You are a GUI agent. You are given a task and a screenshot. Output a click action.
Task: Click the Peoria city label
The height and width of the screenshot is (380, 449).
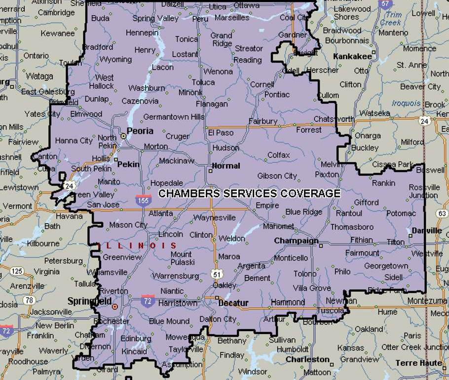(x=140, y=131)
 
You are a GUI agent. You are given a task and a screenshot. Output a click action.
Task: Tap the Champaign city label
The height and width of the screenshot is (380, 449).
(x=296, y=241)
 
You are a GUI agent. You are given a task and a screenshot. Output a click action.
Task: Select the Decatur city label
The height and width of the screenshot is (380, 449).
(x=233, y=303)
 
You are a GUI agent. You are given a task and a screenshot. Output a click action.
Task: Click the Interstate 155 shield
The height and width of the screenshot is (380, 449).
(x=143, y=200)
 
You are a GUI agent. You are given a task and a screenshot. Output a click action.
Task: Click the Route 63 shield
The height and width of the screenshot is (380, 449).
(x=442, y=214)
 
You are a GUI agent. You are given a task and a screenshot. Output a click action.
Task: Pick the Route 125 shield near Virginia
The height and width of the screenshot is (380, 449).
(x=17, y=271)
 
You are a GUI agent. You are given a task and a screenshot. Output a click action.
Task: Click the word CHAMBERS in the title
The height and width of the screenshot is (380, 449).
(x=189, y=193)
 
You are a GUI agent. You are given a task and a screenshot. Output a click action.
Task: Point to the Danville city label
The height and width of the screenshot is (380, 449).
(x=427, y=230)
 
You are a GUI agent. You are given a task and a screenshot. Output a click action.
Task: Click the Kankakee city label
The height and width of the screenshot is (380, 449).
(x=352, y=57)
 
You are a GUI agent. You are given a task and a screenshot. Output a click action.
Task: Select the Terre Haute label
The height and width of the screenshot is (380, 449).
(x=418, y=363)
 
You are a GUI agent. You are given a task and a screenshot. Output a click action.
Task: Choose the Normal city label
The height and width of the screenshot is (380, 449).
(x=226, y=166)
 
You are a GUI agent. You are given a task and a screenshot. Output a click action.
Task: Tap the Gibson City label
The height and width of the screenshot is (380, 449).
(x=277, y=176)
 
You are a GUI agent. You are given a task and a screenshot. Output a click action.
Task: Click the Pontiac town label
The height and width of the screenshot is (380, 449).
(x=277, y=94)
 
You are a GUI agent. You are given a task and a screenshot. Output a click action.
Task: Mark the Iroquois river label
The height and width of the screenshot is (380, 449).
(x=407, y=104)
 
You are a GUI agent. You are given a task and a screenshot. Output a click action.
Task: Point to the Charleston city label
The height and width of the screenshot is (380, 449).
(x=307, y=359)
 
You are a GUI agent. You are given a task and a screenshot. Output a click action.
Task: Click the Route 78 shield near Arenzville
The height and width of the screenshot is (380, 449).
(x=30, y=300)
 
